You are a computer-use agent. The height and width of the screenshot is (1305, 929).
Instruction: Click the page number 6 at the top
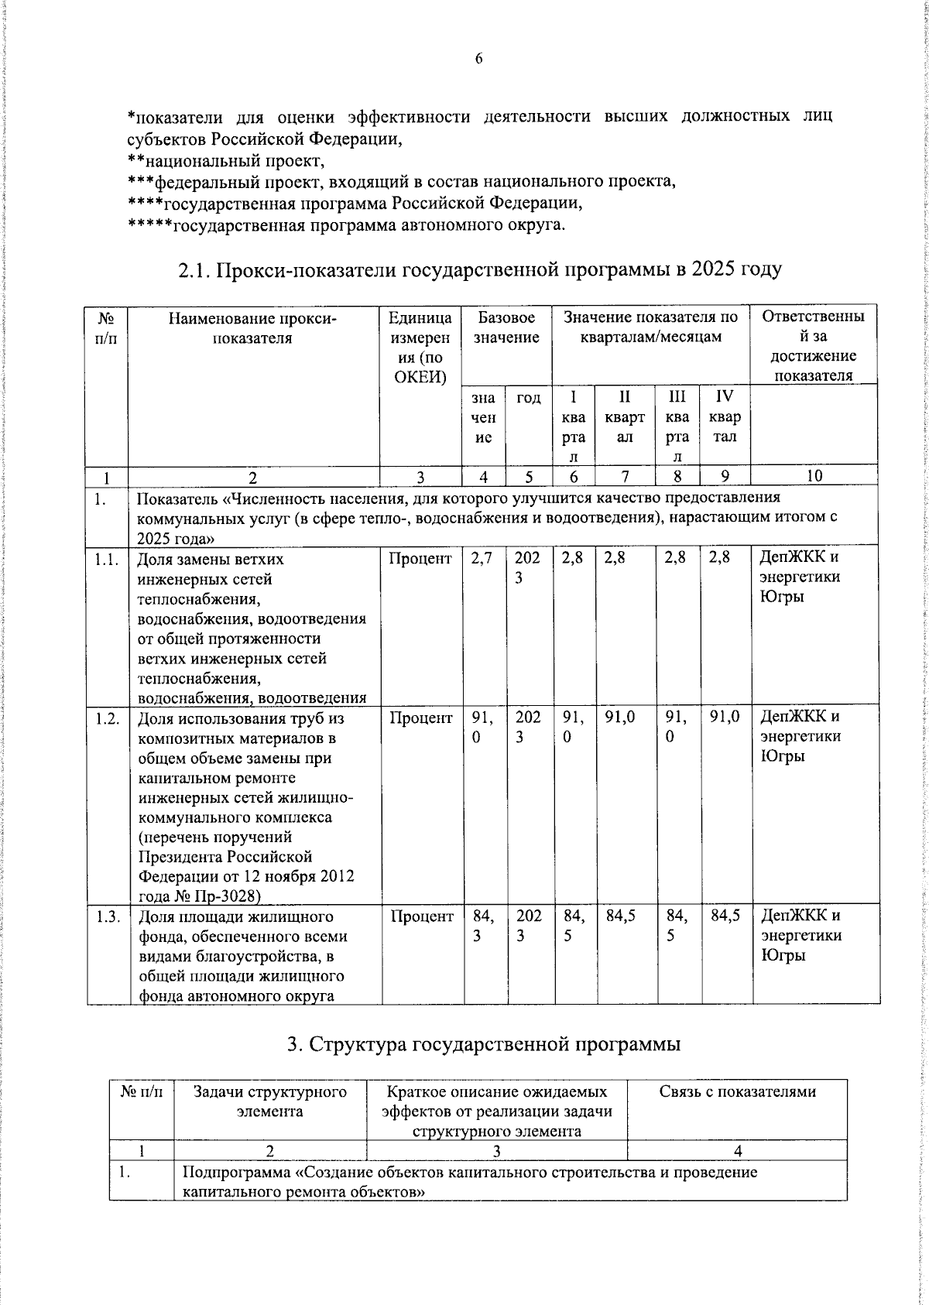pos(478,59)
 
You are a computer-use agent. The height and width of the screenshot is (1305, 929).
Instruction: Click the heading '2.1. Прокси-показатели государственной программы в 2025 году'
pos(479,269)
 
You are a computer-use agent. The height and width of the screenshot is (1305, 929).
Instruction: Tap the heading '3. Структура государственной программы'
pos(483,1044)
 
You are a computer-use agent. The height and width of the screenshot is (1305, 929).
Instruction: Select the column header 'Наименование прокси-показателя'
pos(253,327)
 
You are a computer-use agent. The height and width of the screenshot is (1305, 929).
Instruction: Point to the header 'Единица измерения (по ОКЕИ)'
pos(420,347)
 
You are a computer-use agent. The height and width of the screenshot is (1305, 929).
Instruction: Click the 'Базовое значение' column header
pos(506,327)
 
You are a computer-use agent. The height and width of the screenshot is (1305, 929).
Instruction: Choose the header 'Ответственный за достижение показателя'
pos(814,346)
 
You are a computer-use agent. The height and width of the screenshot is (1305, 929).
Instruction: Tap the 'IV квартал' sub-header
pos(725,416)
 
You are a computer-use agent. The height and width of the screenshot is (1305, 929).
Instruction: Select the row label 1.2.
pos(108,718)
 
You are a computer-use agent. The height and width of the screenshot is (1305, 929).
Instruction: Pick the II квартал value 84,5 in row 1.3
pos(622,916)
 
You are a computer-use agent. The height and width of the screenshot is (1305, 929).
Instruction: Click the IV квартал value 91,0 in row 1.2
pos(725,718)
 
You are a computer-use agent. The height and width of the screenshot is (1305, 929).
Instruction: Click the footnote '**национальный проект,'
pos(225,161)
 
